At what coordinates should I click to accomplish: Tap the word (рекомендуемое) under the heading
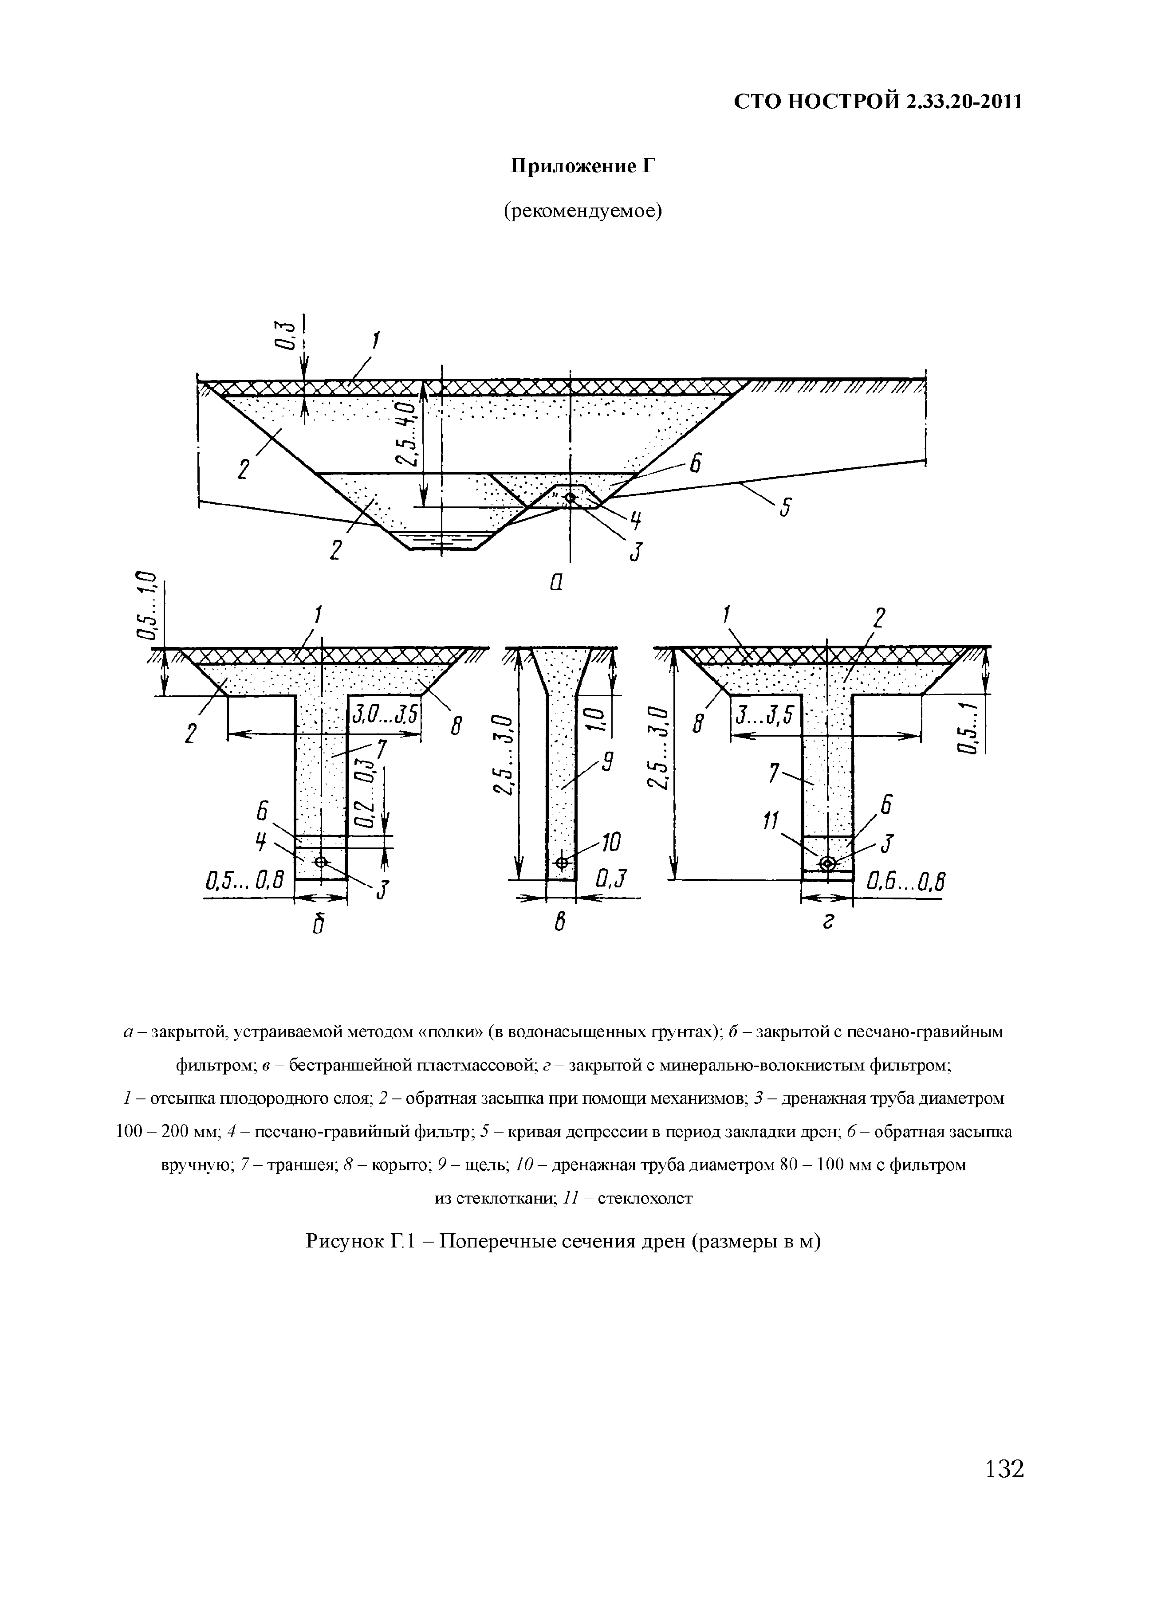(582, 211)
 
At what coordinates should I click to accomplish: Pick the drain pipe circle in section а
(571, 498)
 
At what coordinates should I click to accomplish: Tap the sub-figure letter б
(317, 925)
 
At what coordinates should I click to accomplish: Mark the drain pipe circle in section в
(562, 862)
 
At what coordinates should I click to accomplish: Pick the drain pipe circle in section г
(827, 863)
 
